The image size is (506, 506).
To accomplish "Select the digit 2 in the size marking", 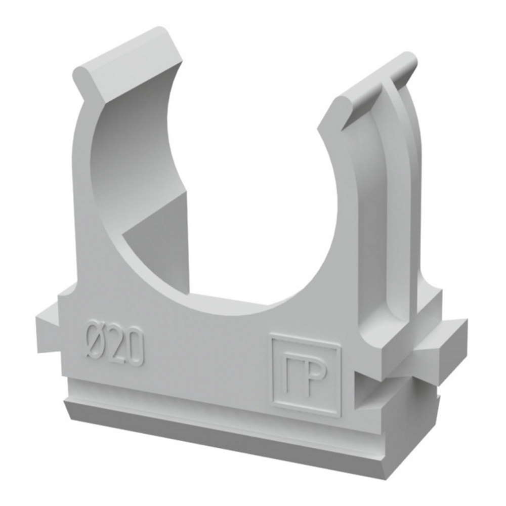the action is coord(115,346).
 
